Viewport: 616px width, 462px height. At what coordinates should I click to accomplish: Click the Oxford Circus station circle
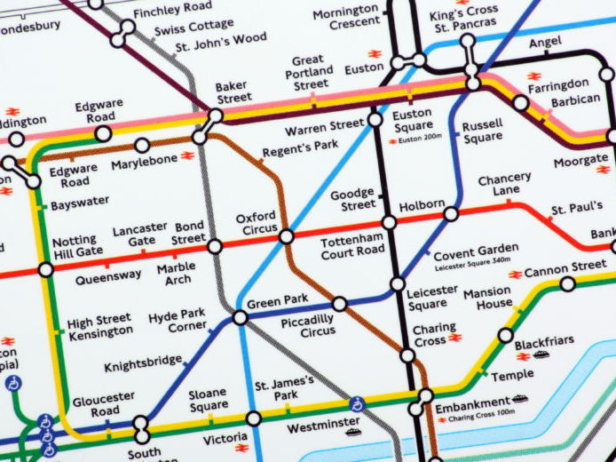[286, 236]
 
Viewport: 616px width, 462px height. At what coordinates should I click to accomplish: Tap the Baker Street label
[233, 92]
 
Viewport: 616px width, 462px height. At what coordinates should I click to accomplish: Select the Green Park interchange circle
[241, 317]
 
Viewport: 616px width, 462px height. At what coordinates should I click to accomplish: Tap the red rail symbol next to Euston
[375, 53]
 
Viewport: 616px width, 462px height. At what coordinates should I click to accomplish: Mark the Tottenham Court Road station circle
[389, 222]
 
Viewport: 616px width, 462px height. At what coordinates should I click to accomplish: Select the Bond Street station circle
[214, 246]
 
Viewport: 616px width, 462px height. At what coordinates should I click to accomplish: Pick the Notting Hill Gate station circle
[45, 269]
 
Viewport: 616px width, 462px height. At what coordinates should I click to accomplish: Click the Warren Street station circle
[375, 119]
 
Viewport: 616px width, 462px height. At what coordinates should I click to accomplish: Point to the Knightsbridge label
[142, 365]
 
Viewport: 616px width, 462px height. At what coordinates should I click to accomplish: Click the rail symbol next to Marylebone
[187, 155]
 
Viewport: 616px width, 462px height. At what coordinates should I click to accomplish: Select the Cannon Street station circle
[567, 284]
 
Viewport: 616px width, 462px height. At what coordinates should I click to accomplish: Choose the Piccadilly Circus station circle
[339, 304]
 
